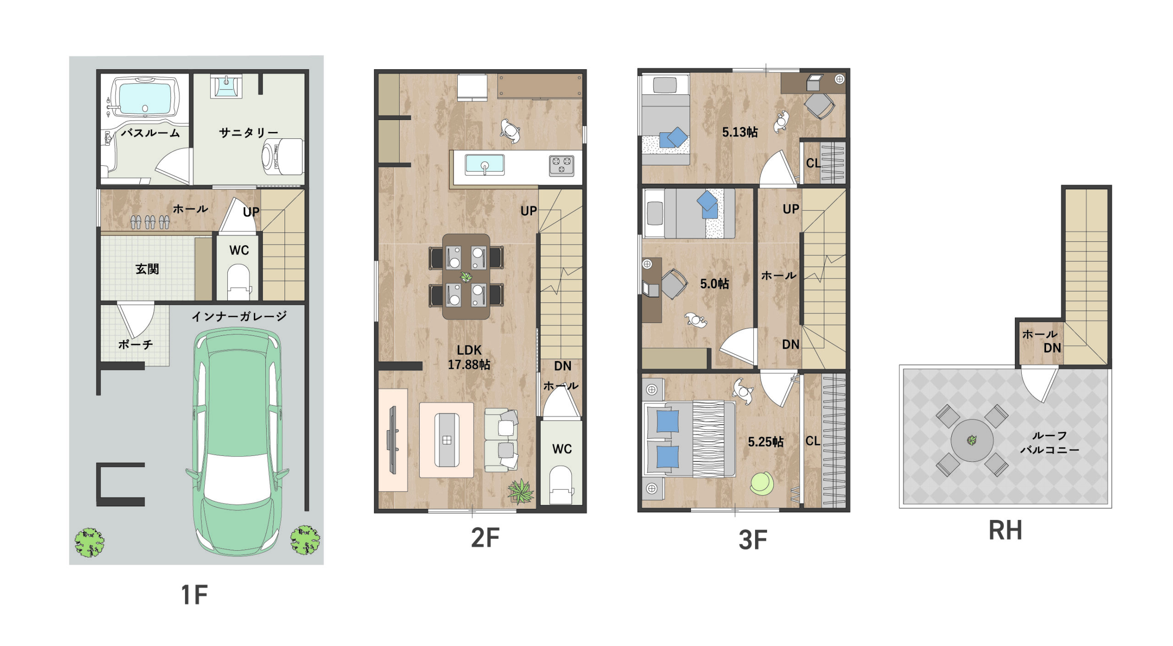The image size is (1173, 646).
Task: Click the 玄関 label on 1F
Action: [x=147, y=269]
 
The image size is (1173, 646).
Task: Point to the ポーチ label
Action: [x=136, y=344]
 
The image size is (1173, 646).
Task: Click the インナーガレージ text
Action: [x=239, y=316]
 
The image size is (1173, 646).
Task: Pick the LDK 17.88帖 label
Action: [x=469, y=357]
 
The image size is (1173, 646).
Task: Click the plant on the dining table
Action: [x=466, y=277]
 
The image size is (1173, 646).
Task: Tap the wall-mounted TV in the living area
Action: [x=392, y=440]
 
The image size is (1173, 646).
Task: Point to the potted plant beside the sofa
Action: [x=521, y=492]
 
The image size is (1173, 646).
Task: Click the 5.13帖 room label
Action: [x=740, y=132]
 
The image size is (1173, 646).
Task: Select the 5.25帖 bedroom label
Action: [x=766, y=442]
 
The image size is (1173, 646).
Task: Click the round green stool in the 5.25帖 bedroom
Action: [x=762, y=483]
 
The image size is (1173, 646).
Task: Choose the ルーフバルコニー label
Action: [x=1049, y=443]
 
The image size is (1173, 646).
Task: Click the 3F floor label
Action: [x=753, y=540]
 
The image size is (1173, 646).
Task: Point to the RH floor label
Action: [x=1005, y=531]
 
